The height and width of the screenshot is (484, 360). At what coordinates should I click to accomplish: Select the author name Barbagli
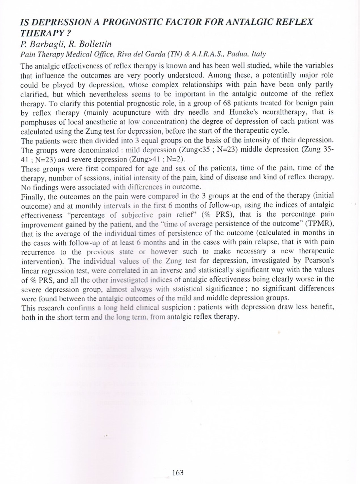point(43,44)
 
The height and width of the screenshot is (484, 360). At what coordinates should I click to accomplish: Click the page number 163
point(178,473)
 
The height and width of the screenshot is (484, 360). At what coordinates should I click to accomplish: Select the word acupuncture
point(132,112)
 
